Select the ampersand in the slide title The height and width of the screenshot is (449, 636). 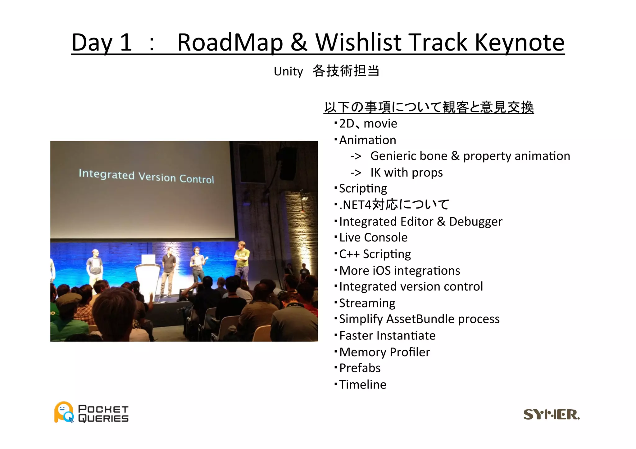pyautogui.click(x=299, y=43)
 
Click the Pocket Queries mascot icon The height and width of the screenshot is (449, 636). pyautogui.click(x=64, y=412)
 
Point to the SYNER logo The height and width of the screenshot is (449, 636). pyautogui.click(x=551, y=415)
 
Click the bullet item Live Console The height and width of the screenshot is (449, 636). pyautogui.click(x=373, y=238)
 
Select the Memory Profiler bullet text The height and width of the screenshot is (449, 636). pyautogui.click(x=384, y=352)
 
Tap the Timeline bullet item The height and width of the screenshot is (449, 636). pyautogui.click(x=362, y=385)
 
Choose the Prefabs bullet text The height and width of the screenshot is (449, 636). pyautogui.click(x=360, y=368)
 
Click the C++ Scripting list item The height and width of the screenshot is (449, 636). pyautogui.click(x=375, y=254)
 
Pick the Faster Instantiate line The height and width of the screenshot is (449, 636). pyautogui.click(x=387, y=336)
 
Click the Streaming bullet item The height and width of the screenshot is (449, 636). pyautogui.click(x=367, y=303)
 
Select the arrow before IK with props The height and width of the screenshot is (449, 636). pyautogui.click(x=356, y=173)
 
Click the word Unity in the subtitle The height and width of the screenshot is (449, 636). pyautogui.click(x=288, y=72)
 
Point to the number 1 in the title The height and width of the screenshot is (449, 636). pyautogui.click(x=126, y=43)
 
